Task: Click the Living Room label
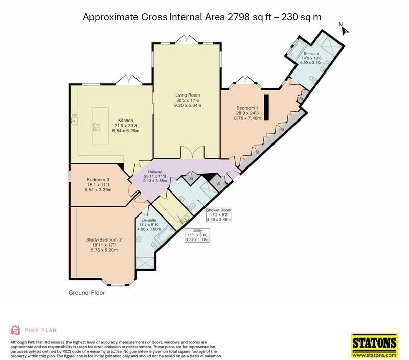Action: pyautogui.click(x=187, y=95)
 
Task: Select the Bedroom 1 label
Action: pyautogui.click(x=248, y=108)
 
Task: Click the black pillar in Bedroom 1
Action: pyautogui.click(x=266, y=100)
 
